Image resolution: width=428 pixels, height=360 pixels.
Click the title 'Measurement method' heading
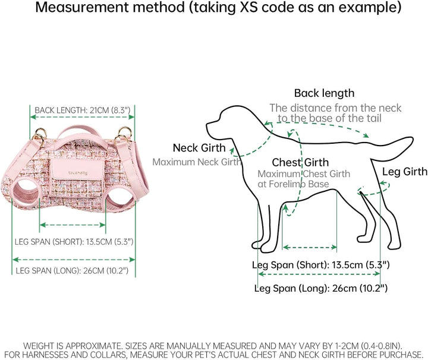(x=110, y=7)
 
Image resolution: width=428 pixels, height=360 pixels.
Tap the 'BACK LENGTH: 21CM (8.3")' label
(x=83, y=110)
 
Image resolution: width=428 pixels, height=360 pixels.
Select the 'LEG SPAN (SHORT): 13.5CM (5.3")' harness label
(x=74, y=242)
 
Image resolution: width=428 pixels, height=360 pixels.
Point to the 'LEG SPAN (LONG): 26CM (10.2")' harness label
(x=72, y=271)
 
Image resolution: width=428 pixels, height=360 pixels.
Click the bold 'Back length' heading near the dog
(x=325, y=93)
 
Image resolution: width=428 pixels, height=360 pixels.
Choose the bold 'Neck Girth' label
(x=199, y=148)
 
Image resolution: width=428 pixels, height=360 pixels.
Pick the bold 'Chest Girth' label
(x=300, y=163)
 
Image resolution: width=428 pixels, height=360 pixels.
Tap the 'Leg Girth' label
(x=405, y=172)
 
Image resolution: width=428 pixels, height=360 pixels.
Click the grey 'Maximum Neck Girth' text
(x=197, y=162)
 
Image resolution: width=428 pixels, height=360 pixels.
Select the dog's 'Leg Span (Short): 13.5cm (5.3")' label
(x=321, y=265)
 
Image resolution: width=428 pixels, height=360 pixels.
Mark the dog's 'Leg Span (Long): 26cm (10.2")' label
(x=321, y=288)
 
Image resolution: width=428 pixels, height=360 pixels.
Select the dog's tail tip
(x=412, y=141)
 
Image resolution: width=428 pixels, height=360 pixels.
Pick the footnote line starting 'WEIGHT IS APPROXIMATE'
(x=213, y=346)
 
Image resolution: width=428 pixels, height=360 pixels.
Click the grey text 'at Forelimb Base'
(x=293, y=184)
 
